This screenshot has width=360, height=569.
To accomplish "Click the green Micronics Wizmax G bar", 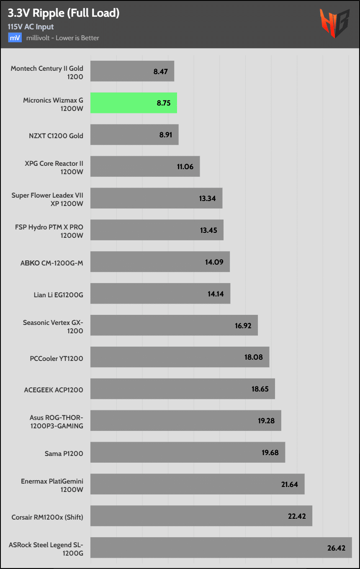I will click(x=134, y=103).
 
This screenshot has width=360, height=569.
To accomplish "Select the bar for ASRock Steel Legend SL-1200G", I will click(x=221, y=548).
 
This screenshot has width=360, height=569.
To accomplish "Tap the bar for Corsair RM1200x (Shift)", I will click(x=201, y=516).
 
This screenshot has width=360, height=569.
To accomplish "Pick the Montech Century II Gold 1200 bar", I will click(x=132, y=71).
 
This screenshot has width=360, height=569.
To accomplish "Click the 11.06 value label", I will click(x=185, y=167).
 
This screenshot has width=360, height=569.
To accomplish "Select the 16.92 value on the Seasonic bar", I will click(x=243, y=325).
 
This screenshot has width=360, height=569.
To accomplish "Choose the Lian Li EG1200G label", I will click(x=58, y=294).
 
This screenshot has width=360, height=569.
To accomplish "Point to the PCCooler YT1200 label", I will click(x=57, y=358).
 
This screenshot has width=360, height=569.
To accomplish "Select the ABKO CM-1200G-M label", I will click(x=51, y=263).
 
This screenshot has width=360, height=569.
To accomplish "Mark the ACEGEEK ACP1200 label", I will click(x=54, y=390).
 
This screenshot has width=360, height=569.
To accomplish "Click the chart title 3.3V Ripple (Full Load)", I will click(x=64, y=13).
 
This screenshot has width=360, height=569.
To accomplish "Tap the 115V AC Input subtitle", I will click(x=31, y=26).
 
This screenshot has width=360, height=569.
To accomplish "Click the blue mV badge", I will click(x=15, y=38).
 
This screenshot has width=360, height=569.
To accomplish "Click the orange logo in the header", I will click(x=334, y=23).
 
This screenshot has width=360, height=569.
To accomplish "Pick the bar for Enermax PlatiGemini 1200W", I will click(x=197, y=484).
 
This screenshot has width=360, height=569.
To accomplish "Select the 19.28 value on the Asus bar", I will click(x=266, y=420).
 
